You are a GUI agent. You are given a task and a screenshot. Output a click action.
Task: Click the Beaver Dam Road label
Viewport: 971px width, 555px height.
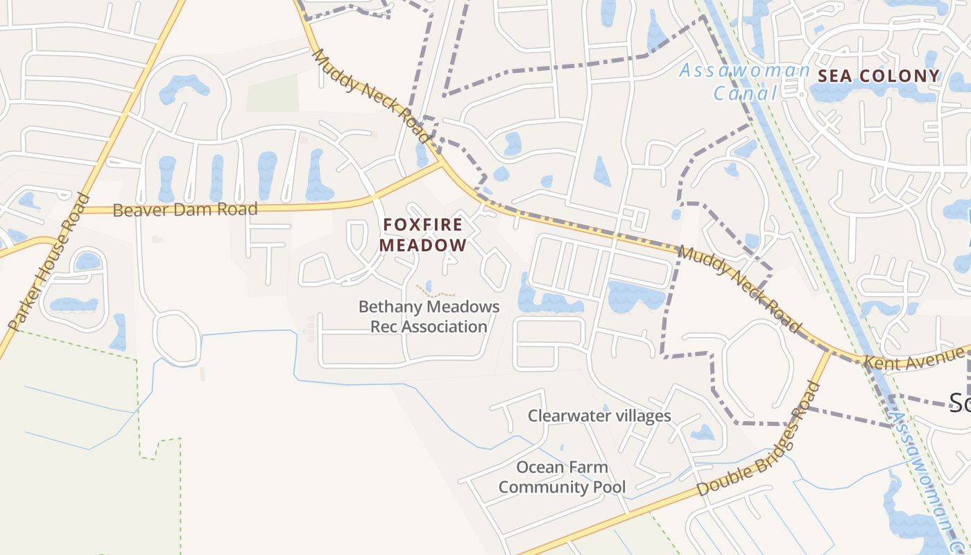[x=184, y=209]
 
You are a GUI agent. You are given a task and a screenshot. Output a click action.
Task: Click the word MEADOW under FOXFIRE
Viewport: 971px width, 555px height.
[x=422, y=245]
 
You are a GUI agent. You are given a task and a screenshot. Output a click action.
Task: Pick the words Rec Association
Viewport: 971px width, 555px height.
[x=429, y=326]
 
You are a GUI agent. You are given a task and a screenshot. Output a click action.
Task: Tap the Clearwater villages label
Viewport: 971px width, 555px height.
[x=599, y=416]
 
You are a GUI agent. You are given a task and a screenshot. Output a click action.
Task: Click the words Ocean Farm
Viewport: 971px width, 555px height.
[x=562, y=467]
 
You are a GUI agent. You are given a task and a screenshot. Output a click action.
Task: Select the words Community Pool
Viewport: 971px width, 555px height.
[x=562, y=487]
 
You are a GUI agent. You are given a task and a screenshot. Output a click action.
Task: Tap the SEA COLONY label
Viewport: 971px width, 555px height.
[x=879, y=76]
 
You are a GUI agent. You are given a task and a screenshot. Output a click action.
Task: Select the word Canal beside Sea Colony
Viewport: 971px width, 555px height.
[x=745, y=93]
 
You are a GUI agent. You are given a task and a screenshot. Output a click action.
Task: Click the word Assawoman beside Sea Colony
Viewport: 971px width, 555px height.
[x=744, y=70]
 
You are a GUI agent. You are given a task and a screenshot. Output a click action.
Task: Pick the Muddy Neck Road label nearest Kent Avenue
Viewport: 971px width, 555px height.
[x=739, y=289]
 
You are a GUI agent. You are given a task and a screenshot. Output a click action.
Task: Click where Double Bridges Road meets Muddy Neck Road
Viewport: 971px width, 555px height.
[x=829, y=351]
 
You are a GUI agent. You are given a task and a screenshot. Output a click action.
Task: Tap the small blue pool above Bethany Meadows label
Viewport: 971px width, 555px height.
[x=427, y=285]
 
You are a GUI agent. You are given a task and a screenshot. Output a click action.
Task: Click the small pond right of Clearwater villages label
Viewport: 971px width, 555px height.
[x=702, y=432]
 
